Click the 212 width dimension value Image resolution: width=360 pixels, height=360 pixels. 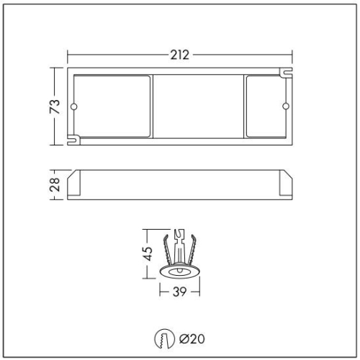point(180,55)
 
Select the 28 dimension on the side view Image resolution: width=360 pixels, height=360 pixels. point(54,186)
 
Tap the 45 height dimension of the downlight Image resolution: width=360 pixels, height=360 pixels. point(146,252)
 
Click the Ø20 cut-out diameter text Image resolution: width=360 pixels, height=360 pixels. point(192,337)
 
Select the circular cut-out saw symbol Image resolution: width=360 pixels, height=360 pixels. point(164,337)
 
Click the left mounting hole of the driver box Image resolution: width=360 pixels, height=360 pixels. point(73,107)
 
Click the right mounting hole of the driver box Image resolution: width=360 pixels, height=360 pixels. point(284,107)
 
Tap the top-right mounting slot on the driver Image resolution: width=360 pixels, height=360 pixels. point(286,73)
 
